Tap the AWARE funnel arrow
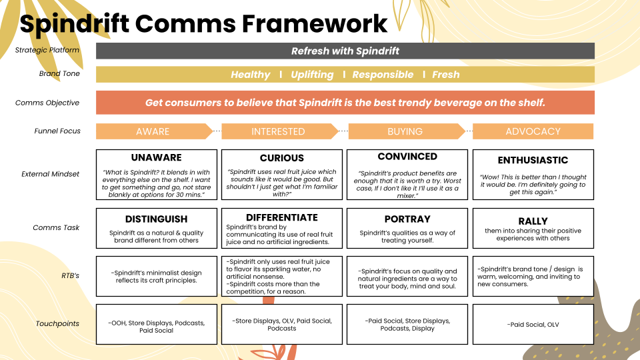pos(153,131)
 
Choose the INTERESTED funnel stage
pos(278,131)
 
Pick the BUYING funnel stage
pos(405,131)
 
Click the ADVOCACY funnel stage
pos(533,131)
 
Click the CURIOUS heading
pos(282,159)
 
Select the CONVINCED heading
pos(407,157)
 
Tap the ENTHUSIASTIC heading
pos(533,161)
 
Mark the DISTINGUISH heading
pos(156,219)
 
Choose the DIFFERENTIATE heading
pos(282,217)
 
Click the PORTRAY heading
pos(407,219)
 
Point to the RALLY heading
pos(533,221)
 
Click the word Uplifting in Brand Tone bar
pos(312,75)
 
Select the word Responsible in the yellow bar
pos(383,75)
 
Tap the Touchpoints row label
pos(57,324)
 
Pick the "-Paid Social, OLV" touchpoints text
pos(533,325)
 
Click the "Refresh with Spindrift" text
pos(345,51)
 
